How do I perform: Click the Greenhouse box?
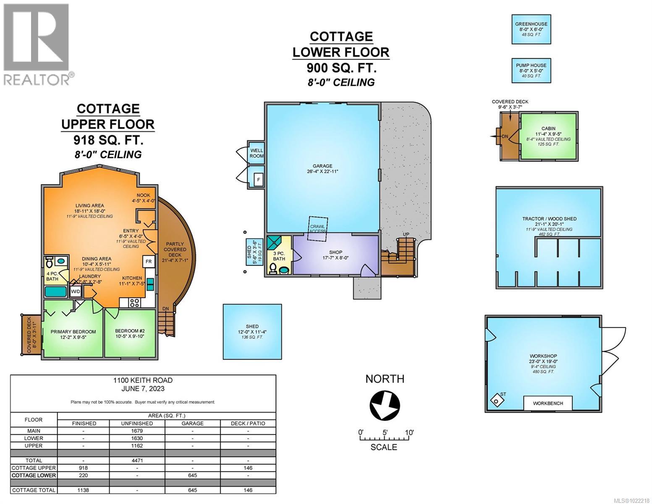pos(531,29)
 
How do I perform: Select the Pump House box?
pos(531,71)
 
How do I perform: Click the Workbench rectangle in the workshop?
pos(547,403)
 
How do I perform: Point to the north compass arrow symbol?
pos(385,405)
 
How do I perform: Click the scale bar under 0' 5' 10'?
pos(384,439)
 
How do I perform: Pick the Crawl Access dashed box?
pos(317,228)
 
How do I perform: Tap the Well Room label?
pos(257,153)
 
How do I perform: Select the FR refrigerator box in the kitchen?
pos(149,261)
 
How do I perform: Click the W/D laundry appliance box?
pos(76,291)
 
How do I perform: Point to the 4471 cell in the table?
pos(137,460)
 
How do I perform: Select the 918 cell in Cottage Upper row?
pos(84,468)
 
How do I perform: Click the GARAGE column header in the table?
pos(192,423)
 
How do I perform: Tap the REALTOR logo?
pos(37,44)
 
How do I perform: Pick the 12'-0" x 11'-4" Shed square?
pos(252,332)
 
